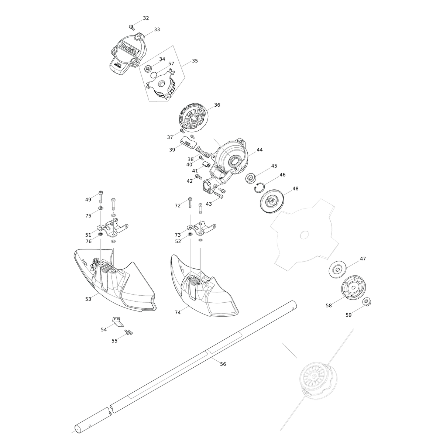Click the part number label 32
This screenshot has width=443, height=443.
(146, 18)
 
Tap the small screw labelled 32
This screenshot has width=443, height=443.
(131, 27)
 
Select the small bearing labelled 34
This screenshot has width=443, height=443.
(148, 69)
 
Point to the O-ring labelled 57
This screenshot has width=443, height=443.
(154, 75)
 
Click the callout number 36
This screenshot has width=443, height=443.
(217, 105)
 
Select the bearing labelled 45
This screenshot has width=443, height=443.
(250, 178)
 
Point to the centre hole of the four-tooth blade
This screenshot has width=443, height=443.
(304, 235)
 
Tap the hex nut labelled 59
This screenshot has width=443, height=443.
(367, 302)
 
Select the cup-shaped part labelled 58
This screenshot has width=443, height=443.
(353, 288)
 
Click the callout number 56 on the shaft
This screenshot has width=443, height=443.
(223, 364)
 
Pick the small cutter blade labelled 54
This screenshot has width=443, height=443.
(118, 322)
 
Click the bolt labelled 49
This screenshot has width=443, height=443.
(101, 197)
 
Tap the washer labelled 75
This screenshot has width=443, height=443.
(100, 208)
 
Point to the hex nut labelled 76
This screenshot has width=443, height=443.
(100, 234)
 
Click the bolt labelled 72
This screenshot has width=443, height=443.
(190, 203)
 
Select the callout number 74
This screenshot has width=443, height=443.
(178, 312)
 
